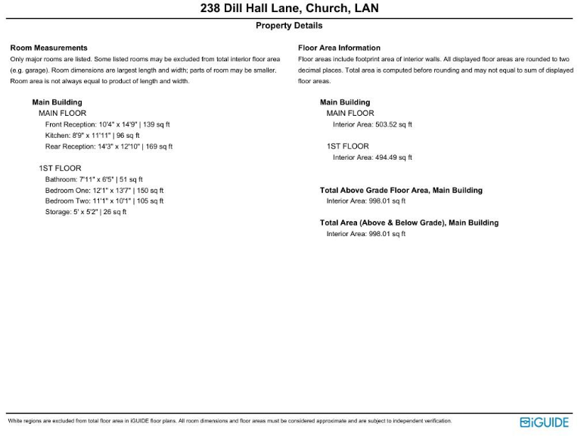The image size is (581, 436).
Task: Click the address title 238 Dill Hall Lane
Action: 290,9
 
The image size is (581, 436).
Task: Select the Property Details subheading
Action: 289,26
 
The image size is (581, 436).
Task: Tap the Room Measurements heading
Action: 48,48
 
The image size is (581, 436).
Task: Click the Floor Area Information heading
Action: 339,48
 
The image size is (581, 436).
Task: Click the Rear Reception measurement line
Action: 109,146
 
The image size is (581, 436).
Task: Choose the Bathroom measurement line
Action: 94,179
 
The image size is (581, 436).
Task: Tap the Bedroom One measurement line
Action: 104,190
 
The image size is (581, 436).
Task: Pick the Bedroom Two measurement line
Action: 104,201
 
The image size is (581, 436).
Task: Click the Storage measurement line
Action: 85,212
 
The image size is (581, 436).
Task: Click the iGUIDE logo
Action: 544,422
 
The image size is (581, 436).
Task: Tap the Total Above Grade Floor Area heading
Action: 401,190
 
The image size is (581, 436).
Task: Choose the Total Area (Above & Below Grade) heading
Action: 409,223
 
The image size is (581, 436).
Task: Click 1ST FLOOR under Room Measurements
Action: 60,168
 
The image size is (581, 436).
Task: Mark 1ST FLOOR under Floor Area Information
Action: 348,146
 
